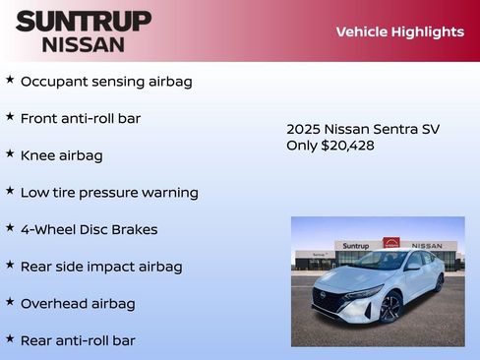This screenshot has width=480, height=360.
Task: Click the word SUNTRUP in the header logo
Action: [84, 21]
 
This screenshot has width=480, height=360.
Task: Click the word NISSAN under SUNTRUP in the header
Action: [84, 44]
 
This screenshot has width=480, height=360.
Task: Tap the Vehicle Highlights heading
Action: [399, 31]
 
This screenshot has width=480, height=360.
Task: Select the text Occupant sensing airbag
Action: [106, 81]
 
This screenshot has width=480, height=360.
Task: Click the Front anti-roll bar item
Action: [81, 118]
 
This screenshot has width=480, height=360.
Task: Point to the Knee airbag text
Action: [61, 155]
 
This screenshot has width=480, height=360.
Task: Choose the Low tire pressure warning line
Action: [109, 193]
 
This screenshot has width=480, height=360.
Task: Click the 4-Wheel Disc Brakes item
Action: [89, 229]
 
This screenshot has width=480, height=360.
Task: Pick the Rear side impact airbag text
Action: [101, 267]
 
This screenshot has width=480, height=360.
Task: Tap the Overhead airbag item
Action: [78, 304]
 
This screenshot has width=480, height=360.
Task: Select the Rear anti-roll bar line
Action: [78, 340]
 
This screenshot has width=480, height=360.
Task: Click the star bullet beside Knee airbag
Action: [10, 154]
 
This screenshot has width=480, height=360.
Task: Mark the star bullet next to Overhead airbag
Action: [10, 303]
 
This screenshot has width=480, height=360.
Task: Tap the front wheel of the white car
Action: [390, 307]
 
